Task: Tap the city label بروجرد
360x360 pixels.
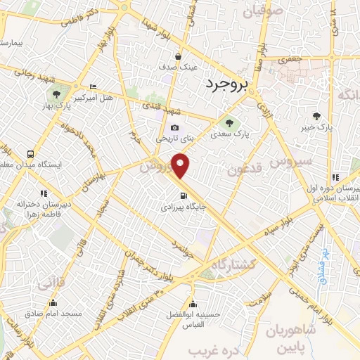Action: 229,85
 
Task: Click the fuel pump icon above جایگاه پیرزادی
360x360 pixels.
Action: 184,196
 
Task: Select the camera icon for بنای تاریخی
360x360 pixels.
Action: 175,128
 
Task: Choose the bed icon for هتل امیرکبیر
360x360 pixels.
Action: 94,87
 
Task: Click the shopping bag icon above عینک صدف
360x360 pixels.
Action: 179,56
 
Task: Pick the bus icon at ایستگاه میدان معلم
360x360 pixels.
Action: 30,154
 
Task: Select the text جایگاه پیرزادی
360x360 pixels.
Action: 182,208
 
